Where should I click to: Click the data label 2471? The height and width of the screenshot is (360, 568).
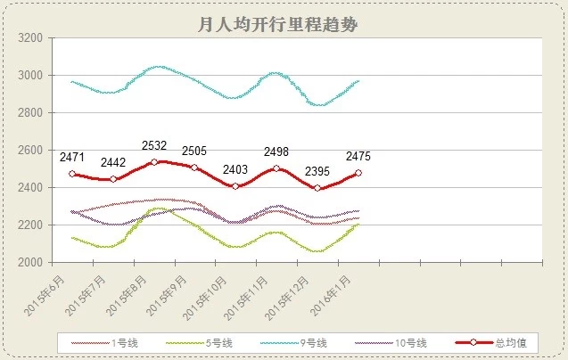(72, 158)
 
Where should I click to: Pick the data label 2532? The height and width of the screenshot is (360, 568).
(154, 146)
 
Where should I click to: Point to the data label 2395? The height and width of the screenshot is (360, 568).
(317, 171)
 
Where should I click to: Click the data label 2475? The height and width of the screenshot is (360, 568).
(358, 157)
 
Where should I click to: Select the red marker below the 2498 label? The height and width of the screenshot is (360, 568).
(276, 168)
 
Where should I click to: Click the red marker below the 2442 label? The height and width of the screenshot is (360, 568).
(113, 179)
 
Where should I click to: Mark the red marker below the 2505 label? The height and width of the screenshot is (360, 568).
(194, 168)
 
